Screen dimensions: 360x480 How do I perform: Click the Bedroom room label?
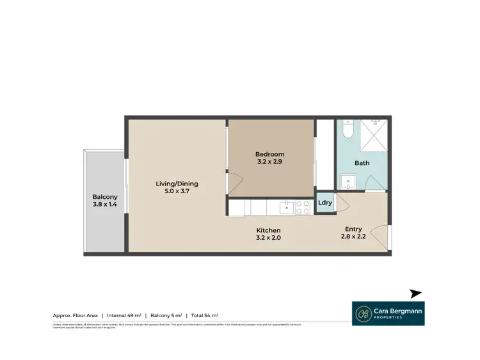click(x=269, y=154)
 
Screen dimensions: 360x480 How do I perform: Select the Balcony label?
click(x=104, y=196)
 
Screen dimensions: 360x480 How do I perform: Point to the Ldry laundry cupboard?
click(x=324, y=203)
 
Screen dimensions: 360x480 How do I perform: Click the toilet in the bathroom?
click(x=346, y=130)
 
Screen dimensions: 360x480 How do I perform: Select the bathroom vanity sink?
click(x=348, y=182)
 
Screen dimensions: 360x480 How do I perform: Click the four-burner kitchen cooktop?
click(x=302, y=207)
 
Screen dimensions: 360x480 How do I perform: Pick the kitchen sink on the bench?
click(x=285, y=207)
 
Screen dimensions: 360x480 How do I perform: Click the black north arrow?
click(x=416, y=293)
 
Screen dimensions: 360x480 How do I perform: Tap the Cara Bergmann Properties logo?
click(x=388, y=313)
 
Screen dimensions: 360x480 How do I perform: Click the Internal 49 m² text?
click(x=125, y=315)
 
